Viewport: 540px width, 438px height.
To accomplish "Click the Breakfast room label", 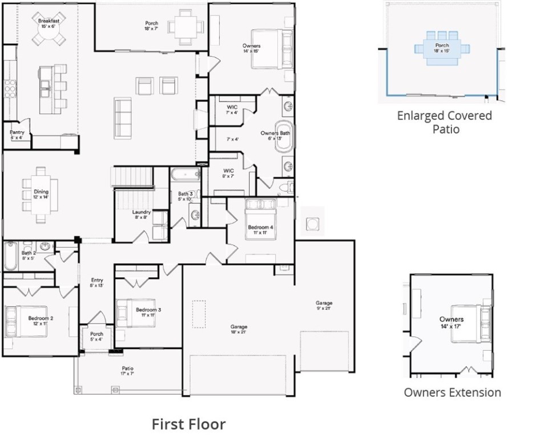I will [49, 23].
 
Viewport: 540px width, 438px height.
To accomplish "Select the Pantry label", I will [17, 135].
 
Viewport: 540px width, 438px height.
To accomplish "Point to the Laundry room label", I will [141, 214].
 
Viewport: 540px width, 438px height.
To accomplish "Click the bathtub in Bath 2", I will [11, 257].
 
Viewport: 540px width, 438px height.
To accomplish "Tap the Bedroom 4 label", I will [260, 230].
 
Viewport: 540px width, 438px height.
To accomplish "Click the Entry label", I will [97, 283].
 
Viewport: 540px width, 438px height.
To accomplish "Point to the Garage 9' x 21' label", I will [324, 306].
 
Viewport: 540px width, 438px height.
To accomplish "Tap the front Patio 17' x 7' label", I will [127, 371].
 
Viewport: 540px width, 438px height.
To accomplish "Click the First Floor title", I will [188, 424].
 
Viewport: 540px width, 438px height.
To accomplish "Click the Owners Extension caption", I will [452, 392].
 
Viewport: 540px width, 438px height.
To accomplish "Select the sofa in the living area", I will [123, 118].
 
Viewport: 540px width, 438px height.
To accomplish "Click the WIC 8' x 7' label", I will [229, 173].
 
